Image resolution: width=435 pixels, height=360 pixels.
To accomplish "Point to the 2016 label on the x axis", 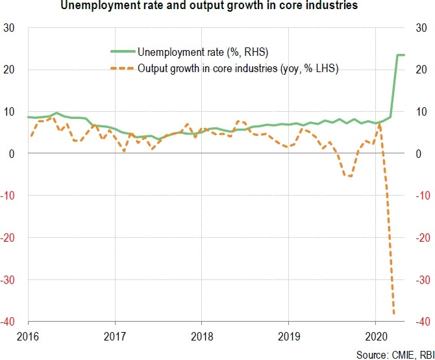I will click(x=29, y=337).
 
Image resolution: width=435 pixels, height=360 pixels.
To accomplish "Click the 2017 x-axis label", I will click(x=115, y=337).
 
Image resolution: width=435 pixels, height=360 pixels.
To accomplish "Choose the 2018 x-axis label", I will click(x=201, y=337).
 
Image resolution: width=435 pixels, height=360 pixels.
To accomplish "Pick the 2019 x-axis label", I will click(x=288, y=337).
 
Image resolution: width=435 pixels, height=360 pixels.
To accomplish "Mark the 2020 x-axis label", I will click(x=375, y=337).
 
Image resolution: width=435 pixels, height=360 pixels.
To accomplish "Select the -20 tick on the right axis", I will click(x=421, y=238).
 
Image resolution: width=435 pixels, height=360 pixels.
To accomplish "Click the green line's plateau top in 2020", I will click(x=401, y=55).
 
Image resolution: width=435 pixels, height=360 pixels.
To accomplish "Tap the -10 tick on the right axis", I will click(x=421, y=196).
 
